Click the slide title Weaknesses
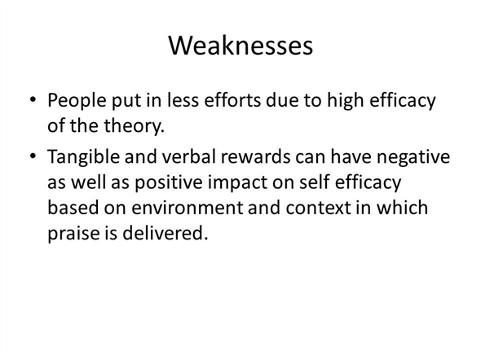[240, 46]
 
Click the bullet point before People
[33, 99]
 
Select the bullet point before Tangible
[33, 156]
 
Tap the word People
[77, 101]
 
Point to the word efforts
[232, 99]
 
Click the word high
[345, 100]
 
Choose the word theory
[134, 126]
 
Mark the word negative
[413, 157]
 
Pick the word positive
[169, 183]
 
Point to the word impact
[237, 183]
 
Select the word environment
[188, 208]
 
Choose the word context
[318, 208]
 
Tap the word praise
[73, 234]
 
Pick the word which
[402, 208]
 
